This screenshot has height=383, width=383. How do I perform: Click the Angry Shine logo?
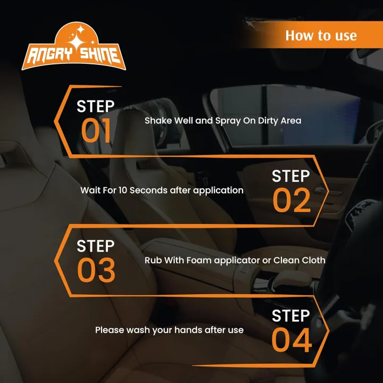tap(73, 46)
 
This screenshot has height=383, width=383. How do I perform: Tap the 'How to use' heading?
tap(321, 36)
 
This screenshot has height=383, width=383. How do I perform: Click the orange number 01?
tap(96, 130)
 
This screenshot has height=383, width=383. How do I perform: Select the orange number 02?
tap(292, 200)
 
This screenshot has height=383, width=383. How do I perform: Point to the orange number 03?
tap(96, 270)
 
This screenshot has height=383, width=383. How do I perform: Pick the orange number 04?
tap(292, 340)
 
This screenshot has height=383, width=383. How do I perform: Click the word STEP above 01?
tap(96, 106)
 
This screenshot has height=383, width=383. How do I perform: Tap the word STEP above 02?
tap(290, 176)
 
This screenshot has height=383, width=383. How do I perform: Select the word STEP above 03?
tap(96, 246)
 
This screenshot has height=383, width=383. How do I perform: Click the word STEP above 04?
tap(290, 315)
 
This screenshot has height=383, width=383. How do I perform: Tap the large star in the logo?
tap(77, 43)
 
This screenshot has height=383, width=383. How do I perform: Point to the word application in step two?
tap(219, 191)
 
